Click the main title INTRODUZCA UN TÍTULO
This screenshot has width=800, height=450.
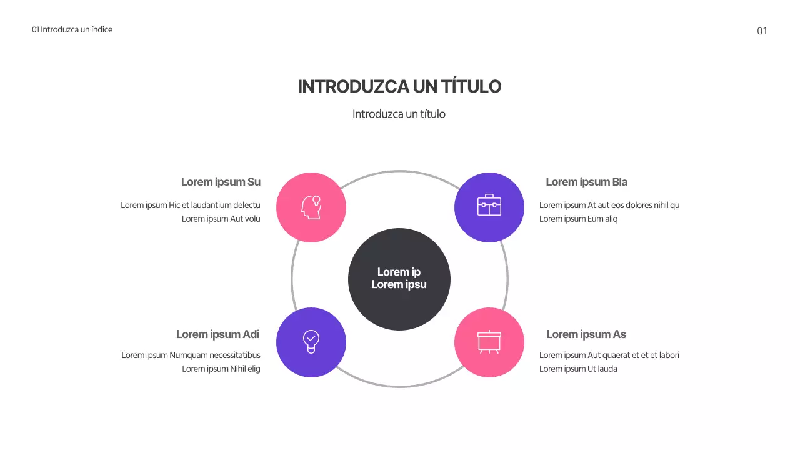click(399, 87)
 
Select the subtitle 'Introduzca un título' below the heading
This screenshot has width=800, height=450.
click(399, 114)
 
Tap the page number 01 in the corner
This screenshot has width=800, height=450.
click(762, 31)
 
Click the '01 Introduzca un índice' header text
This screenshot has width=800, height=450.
click(72, 29)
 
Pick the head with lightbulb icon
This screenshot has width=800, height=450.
click(311, 207)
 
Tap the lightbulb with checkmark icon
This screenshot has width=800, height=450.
click(311, 342)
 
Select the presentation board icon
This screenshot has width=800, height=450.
click(489, 342)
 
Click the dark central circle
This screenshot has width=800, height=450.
click(399, 279)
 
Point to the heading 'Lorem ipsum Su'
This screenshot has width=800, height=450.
click(221, 182)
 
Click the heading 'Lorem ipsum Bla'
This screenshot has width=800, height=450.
click(586, 182)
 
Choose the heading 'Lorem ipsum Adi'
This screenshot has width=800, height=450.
click(217, 334)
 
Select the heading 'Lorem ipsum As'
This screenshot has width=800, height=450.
click(586, 334)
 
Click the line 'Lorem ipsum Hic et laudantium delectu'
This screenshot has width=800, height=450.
click(190, 205)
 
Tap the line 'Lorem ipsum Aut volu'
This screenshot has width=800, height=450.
click(221, 219)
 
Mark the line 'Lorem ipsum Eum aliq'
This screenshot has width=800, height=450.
click(578, 219)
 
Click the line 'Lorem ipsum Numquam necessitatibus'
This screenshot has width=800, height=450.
click(191, 355)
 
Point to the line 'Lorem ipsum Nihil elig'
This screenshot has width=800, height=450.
click(221, 369)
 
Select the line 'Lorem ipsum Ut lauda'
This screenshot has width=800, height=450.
click(578, 369)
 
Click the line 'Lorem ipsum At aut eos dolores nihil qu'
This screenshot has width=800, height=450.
click(609, 205)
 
